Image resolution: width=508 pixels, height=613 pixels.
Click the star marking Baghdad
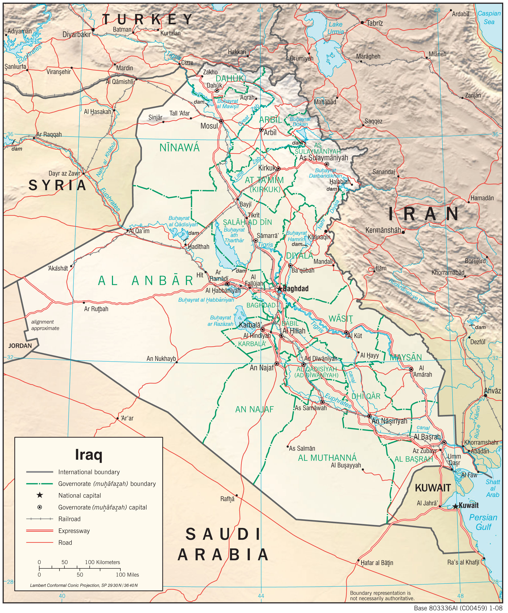279,289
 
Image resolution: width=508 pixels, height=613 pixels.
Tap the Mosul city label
209,126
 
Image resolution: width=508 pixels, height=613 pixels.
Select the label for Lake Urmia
336,28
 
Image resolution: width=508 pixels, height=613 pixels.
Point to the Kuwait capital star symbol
455,506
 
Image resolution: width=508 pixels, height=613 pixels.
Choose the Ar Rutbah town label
96,309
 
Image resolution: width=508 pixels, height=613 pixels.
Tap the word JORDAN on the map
20,346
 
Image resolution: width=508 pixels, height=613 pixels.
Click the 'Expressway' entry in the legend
74,531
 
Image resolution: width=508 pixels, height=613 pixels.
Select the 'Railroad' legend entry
69,519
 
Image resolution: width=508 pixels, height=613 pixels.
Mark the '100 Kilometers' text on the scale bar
102,562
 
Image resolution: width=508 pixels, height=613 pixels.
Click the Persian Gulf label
483,522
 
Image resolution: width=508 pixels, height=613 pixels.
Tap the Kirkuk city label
267,168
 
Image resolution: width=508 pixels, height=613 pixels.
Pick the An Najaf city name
262,368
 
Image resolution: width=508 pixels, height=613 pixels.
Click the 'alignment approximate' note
45,325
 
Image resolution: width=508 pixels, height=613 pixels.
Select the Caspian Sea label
489,17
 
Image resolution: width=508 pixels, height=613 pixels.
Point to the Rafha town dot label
227,499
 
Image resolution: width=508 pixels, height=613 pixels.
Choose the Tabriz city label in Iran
375,23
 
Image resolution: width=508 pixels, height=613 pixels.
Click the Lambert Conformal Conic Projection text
84,585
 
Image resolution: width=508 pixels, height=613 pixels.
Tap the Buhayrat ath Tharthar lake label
234,235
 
